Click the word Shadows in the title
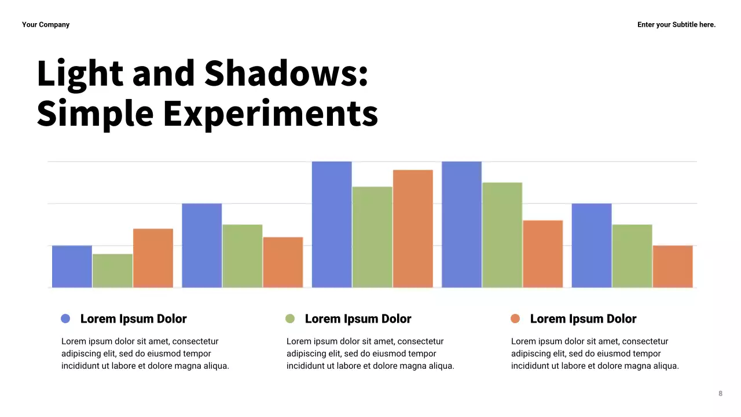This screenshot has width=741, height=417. [x=286, y=74]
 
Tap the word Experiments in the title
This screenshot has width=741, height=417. [x=270, y=113]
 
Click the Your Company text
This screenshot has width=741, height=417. [x=46, y=24]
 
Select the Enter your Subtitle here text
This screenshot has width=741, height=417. [x=676, y=24]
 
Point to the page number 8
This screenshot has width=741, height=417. [x=720, y=394]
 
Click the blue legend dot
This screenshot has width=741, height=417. [x=65, y=319]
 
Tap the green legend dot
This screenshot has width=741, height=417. [x=290, y=319]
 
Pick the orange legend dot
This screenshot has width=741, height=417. [x=515, y=319]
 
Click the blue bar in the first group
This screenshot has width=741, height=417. [x=72, y=266]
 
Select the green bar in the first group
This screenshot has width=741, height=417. [x=112, y=270]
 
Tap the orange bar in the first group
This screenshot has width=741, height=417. [x=153, y=258]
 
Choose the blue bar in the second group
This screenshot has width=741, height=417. [x=201, y=246]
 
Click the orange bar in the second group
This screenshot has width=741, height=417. [x=283, y=262]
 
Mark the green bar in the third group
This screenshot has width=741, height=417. [x=372, y=237]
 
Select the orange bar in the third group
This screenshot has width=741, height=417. [x=413, y=229]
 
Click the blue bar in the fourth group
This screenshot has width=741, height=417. [x=461, y=225]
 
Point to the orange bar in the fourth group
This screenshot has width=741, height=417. [x=542, y=254]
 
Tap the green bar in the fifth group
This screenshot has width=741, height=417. [x=632, y=256]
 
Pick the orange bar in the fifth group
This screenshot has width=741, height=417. [x=673, y=266]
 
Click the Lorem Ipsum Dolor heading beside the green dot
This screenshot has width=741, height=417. [x=358, y=319]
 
